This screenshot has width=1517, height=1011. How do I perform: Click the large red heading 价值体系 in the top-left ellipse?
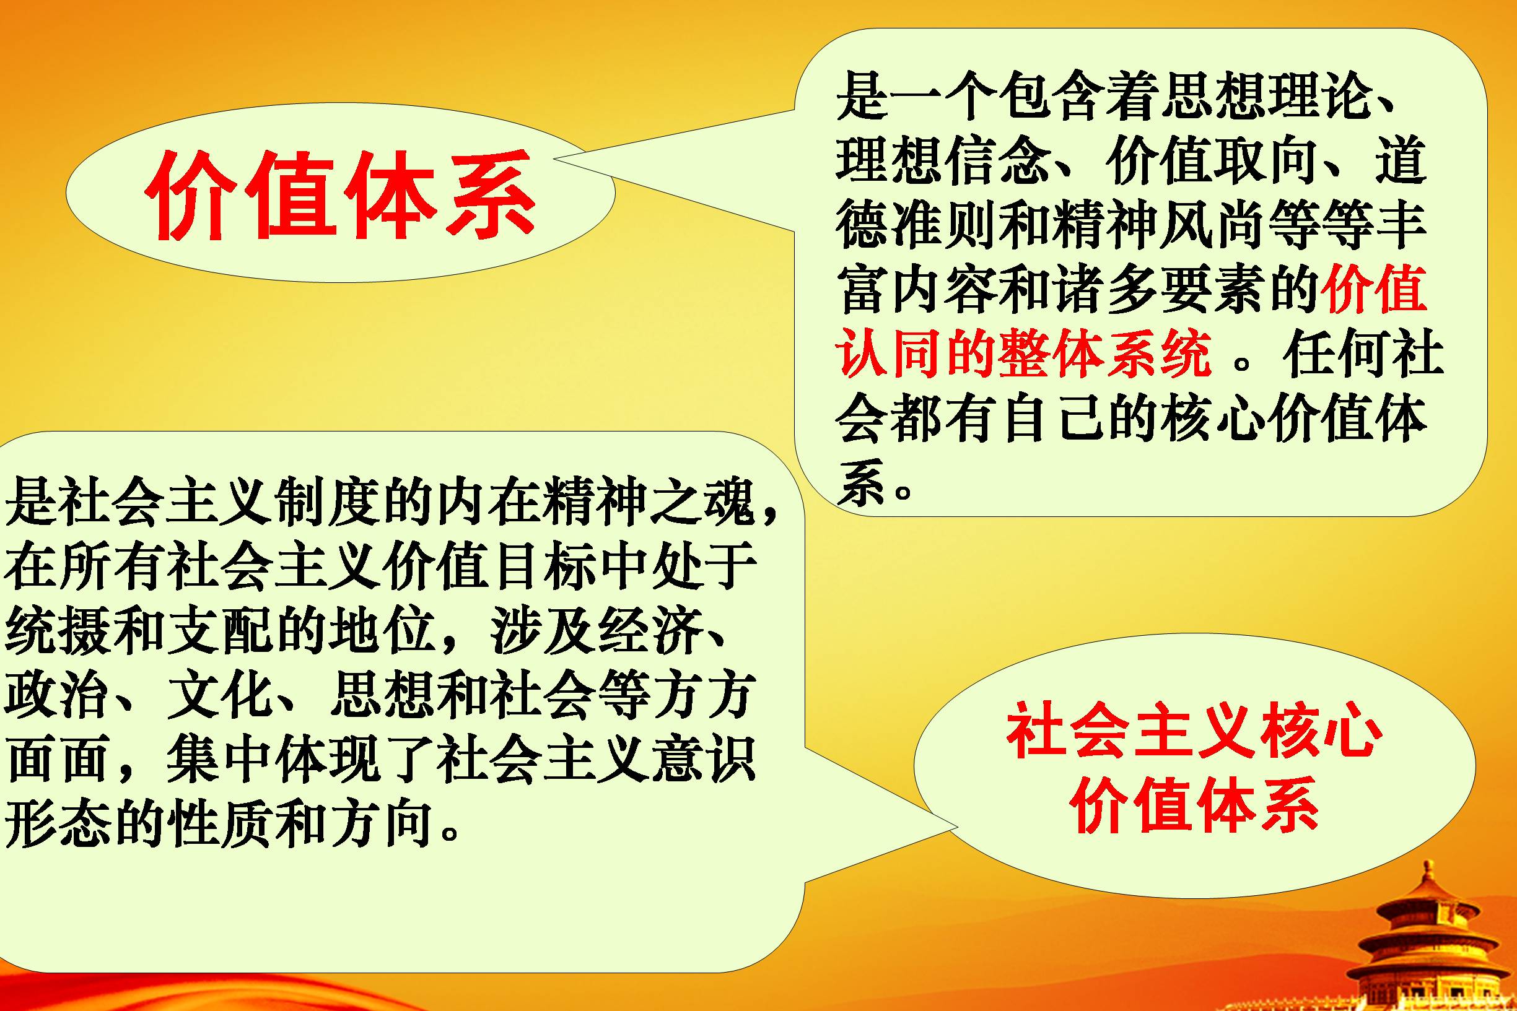tap(341, 193)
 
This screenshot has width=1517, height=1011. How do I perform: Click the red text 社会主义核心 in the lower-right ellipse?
tap(1194, 734)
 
